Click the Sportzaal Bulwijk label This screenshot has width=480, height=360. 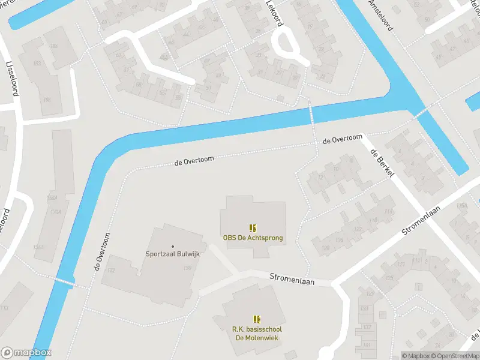(173, 254)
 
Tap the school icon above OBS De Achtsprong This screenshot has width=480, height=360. (253, 228)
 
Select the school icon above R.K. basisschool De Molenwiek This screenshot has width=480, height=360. (257, 319)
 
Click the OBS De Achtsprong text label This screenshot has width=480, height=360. (253, 238)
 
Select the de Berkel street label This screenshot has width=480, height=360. (382, 162)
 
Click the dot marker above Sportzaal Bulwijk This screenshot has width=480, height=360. (173, 246)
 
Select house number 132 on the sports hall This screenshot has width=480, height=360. (110, 271)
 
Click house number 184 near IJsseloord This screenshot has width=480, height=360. (53, 46)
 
